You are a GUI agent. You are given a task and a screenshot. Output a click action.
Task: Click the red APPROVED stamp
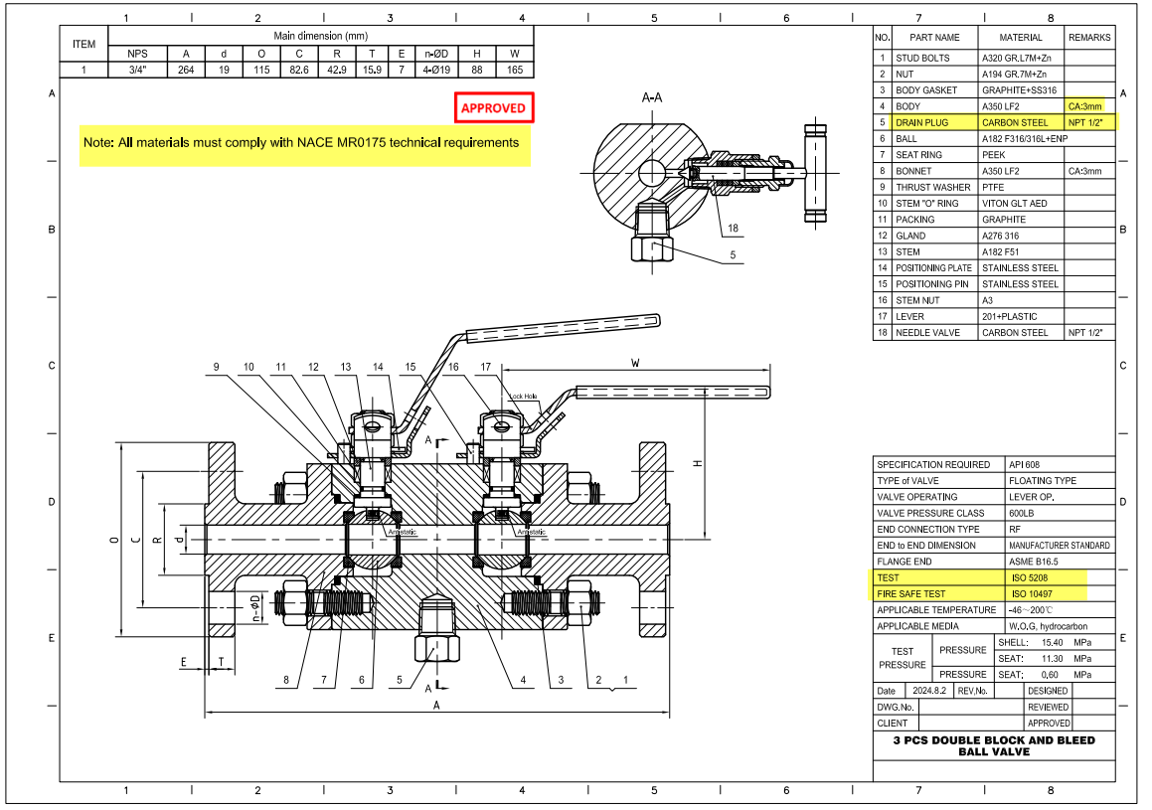point(493,107)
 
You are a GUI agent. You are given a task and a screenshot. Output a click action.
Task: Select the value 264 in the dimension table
point(186,70)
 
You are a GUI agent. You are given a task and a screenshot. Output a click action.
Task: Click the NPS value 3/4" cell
point(138,70)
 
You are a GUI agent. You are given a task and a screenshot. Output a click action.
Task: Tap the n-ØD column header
point(436,54)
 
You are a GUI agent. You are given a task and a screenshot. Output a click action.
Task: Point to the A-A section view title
point(653,97)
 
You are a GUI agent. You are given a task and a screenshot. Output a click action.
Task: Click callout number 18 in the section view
point(734,228)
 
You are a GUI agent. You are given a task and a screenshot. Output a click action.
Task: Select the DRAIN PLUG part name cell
point(921,122)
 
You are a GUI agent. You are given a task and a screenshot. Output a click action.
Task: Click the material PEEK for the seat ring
point(994,155)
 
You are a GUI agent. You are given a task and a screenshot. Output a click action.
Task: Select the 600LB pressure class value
point(1022,513)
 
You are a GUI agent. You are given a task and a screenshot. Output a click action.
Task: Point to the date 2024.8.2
point(926,691)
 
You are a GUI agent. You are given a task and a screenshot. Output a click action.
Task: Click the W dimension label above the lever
point(635,364)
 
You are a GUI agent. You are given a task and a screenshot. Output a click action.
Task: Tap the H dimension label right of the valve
point(699,463)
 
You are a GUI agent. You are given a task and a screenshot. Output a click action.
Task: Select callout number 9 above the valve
point(217,367)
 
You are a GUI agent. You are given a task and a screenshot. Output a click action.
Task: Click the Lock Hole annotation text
point(523,396)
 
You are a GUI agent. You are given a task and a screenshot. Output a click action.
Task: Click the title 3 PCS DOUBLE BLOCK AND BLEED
point(993,740)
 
